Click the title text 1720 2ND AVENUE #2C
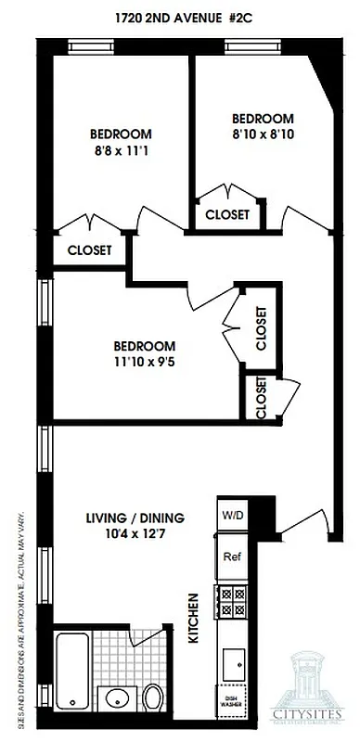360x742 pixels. tap(180, 16)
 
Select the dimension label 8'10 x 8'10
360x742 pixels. tap(263, 134)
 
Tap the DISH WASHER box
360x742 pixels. tap(231, 704)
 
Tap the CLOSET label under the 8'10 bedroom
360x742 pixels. tap(227, 214)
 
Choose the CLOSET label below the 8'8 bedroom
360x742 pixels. tap(90, 250)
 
